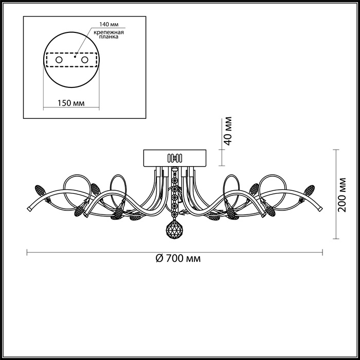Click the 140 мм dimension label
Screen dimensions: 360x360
pos(109,24)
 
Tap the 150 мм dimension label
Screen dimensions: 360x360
pos(71,103)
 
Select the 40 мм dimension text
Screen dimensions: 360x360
pos(228,131)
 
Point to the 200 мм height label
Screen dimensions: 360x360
pos(342,195)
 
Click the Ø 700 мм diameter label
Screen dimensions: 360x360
pos(178,259)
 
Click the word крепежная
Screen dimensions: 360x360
pos(109,32)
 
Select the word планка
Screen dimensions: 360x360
pos(109,37)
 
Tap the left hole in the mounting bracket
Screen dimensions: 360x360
pos(59,60)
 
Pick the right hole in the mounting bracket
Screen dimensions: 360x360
pos(85,60)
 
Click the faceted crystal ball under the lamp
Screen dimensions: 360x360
pos(174,229)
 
